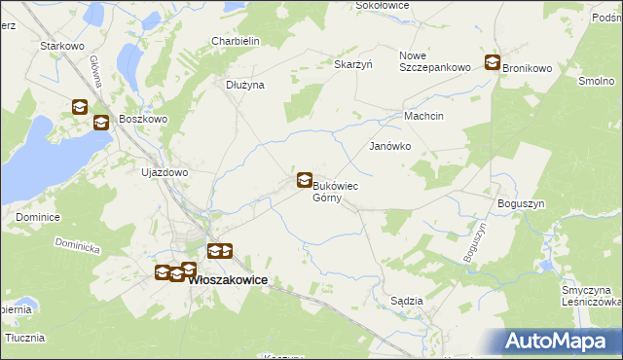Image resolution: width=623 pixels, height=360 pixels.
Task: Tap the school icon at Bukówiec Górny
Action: [x=305, y=180]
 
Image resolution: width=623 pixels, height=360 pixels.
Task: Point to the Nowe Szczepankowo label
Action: [x=435, y=61]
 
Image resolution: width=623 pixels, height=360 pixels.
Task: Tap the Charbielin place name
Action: [x=235, y=41]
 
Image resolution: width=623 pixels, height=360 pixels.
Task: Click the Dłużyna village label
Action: [x=245, y=85]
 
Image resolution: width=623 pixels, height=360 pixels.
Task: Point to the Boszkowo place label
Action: [x=144, y=119]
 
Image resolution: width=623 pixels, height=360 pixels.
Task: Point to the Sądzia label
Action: [x=407, y=301]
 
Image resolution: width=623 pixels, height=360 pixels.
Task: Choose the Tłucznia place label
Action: [x=25, y=338]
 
